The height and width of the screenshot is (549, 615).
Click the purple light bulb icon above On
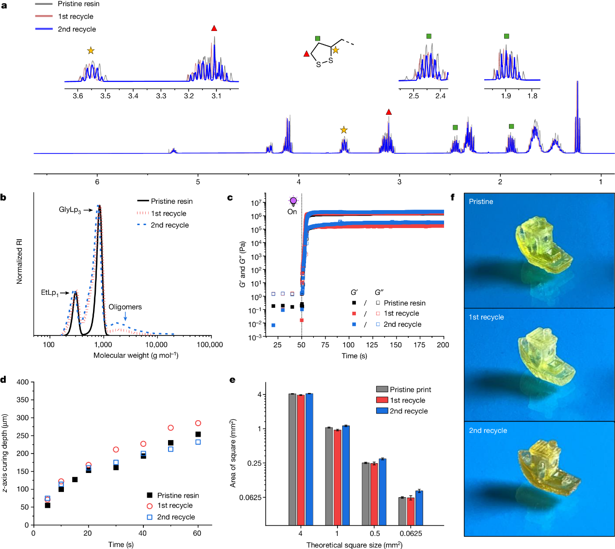(293, 201)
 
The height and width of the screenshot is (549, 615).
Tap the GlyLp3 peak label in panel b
(70, 210)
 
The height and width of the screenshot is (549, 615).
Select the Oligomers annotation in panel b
(125, 307)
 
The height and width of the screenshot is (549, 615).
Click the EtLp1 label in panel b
(49, 293)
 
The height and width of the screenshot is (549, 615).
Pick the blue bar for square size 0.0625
(419, 508)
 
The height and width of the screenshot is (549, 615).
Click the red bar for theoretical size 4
(301, 460)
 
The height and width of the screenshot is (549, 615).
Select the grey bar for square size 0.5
(366, 494)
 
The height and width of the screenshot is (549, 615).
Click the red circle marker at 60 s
(198, 423)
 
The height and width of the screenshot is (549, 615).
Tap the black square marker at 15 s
(75, 480)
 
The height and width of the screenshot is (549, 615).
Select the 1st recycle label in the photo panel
(486, 317)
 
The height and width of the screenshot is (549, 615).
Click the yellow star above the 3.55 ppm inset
(91, 51)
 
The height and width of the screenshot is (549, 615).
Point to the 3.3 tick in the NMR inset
(161, 96)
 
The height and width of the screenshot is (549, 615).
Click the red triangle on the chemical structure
(306, 54)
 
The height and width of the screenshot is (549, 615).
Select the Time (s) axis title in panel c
(354, 356)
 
